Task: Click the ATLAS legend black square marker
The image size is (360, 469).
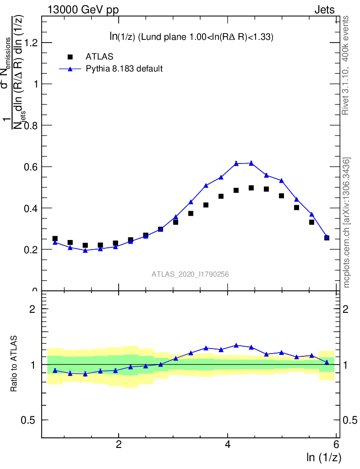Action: pos(70,57)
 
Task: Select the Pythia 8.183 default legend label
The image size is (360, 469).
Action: pos(124,69)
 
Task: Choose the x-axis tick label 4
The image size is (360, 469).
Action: pos(228,444)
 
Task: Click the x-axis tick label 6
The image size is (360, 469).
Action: pos(336,444)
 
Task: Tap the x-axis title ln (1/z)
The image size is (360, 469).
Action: pos(323,457)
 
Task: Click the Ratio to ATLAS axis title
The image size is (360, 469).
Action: pos(14,364)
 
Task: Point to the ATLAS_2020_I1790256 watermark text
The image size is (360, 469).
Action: pos(191,274)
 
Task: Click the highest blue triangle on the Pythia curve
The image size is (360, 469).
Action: pos(251,163)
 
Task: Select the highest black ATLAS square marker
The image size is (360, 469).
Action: pos(251,188)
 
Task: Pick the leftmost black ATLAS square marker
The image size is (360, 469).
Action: pos(55,239)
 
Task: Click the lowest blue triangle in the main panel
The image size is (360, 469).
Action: pos(85,250)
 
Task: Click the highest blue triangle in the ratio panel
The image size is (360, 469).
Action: pos(236,345)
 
